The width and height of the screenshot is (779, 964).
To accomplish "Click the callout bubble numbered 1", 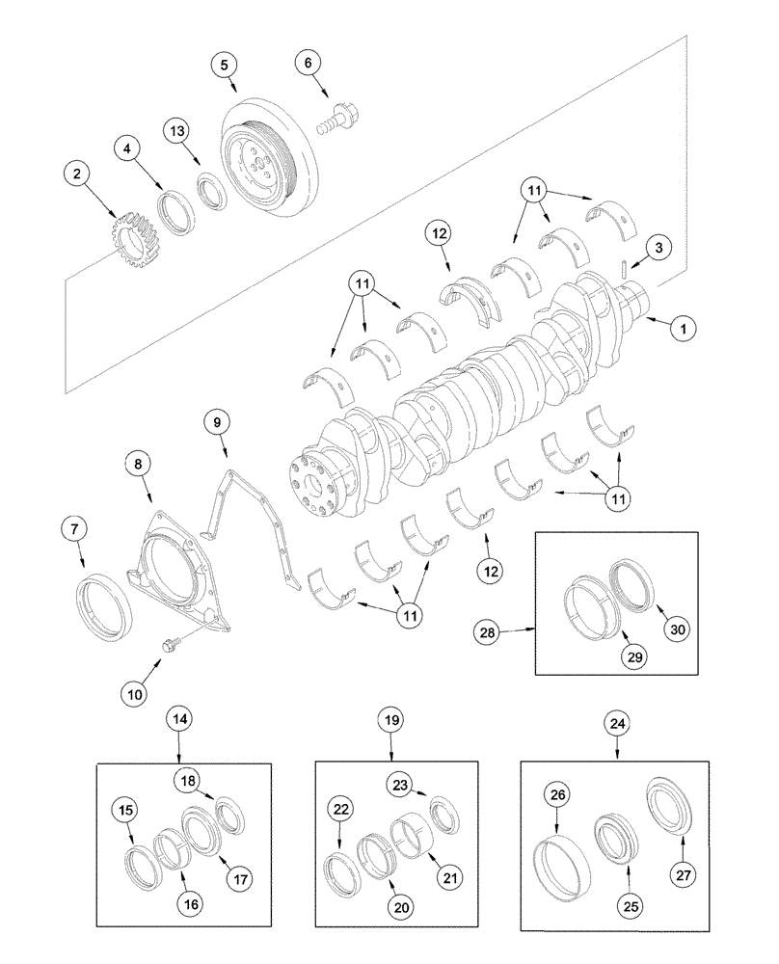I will click(x=683, y=329).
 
